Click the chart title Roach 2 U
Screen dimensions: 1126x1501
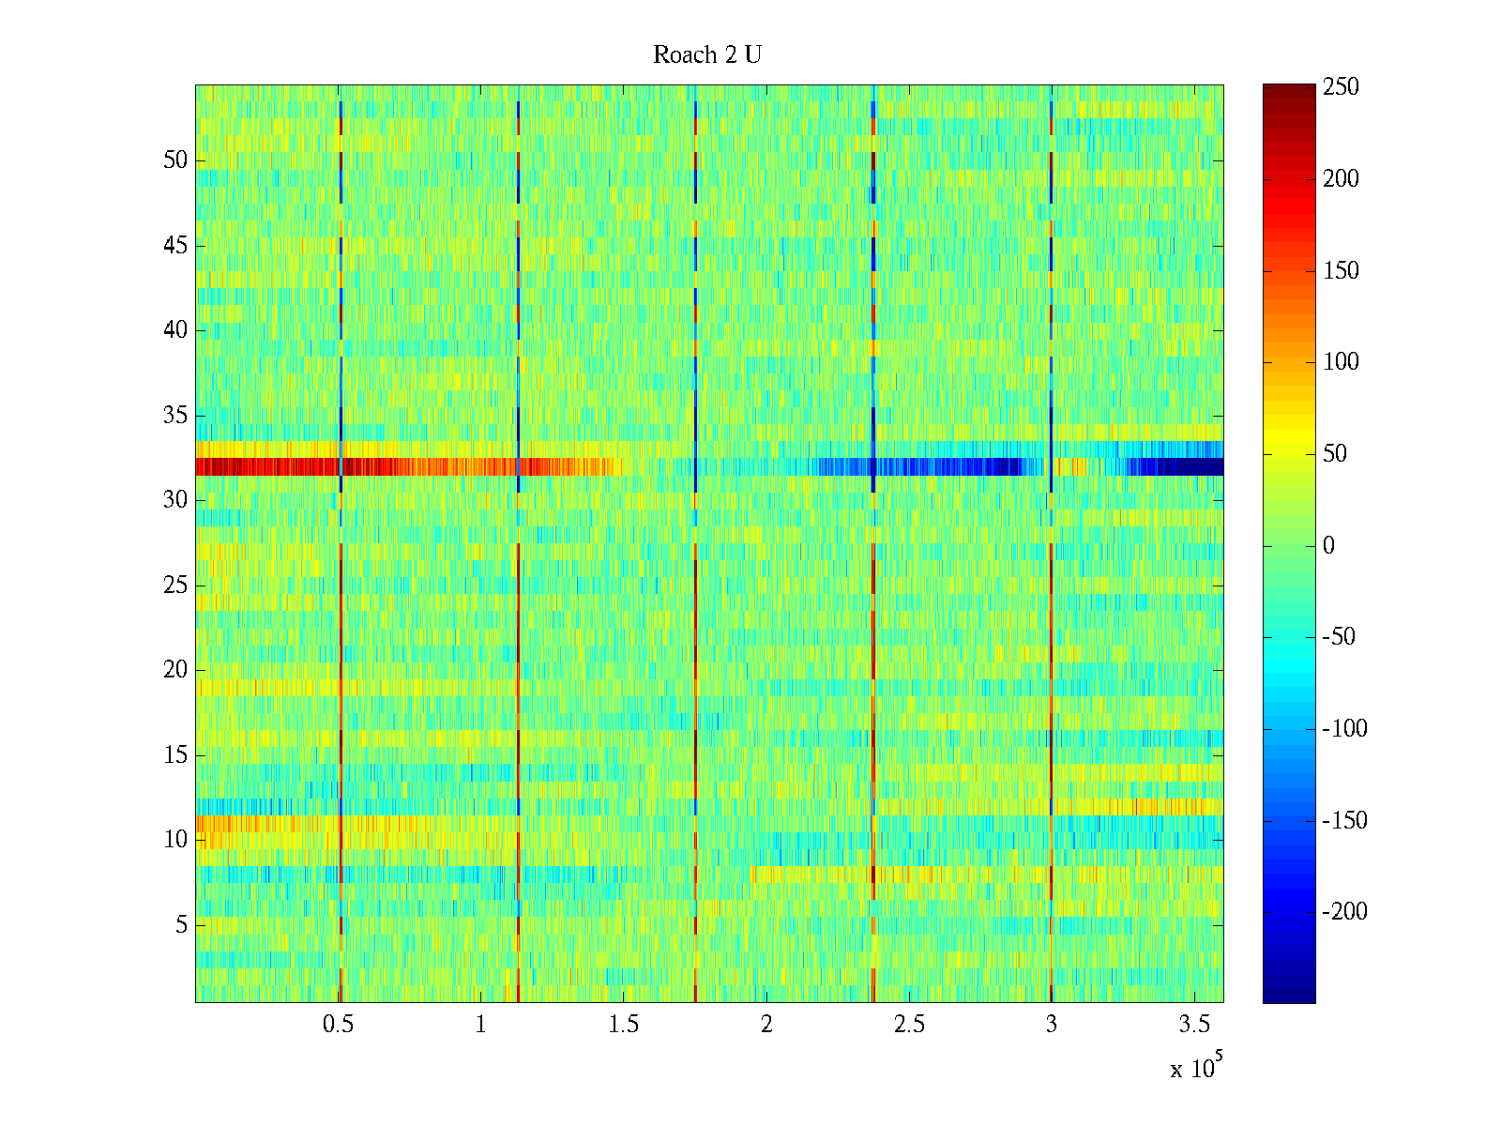(x=707, y=55)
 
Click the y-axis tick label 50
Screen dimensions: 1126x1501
(x=175, y=160)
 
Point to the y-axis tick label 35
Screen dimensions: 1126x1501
(x=175, y=416)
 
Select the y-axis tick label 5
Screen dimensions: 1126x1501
(x=181, y=925)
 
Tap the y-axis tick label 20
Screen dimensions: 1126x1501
(x=175, y=670)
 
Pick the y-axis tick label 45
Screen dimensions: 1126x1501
(x=175, y=246)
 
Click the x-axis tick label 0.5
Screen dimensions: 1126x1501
(x=338, y=1025)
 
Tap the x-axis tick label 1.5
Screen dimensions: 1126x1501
(x=624, y=1025)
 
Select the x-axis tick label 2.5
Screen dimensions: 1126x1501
(x=909, y=1025)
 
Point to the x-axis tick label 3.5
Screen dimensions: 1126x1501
(x=1194, y=1025)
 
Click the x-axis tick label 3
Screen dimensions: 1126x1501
(x=1052, y=1025)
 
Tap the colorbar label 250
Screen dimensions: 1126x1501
(x=1341, y=87)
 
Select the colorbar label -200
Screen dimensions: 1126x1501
(x=1344, y=912)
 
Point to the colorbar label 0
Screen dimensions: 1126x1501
(x=1328, y=546)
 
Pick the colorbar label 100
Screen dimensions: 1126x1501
(x=1341, y=362)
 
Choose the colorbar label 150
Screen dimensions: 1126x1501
(x=1341, y=271)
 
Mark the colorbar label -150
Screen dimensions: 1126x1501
(x=1344, y=821)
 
